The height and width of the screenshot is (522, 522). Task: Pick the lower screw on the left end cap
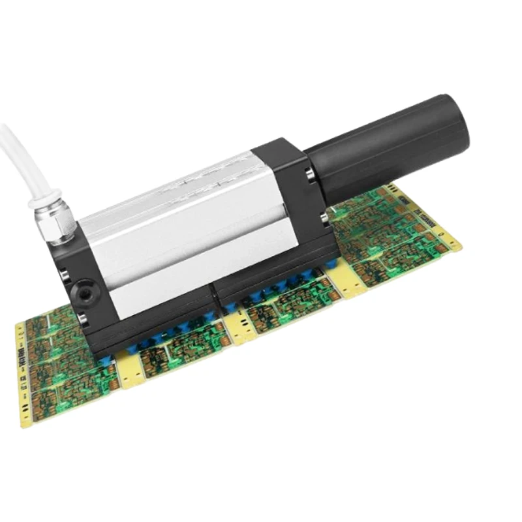click(83, 318)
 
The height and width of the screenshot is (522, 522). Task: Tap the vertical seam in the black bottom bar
click(216, 299)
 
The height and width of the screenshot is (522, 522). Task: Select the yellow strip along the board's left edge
click(23, 372)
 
